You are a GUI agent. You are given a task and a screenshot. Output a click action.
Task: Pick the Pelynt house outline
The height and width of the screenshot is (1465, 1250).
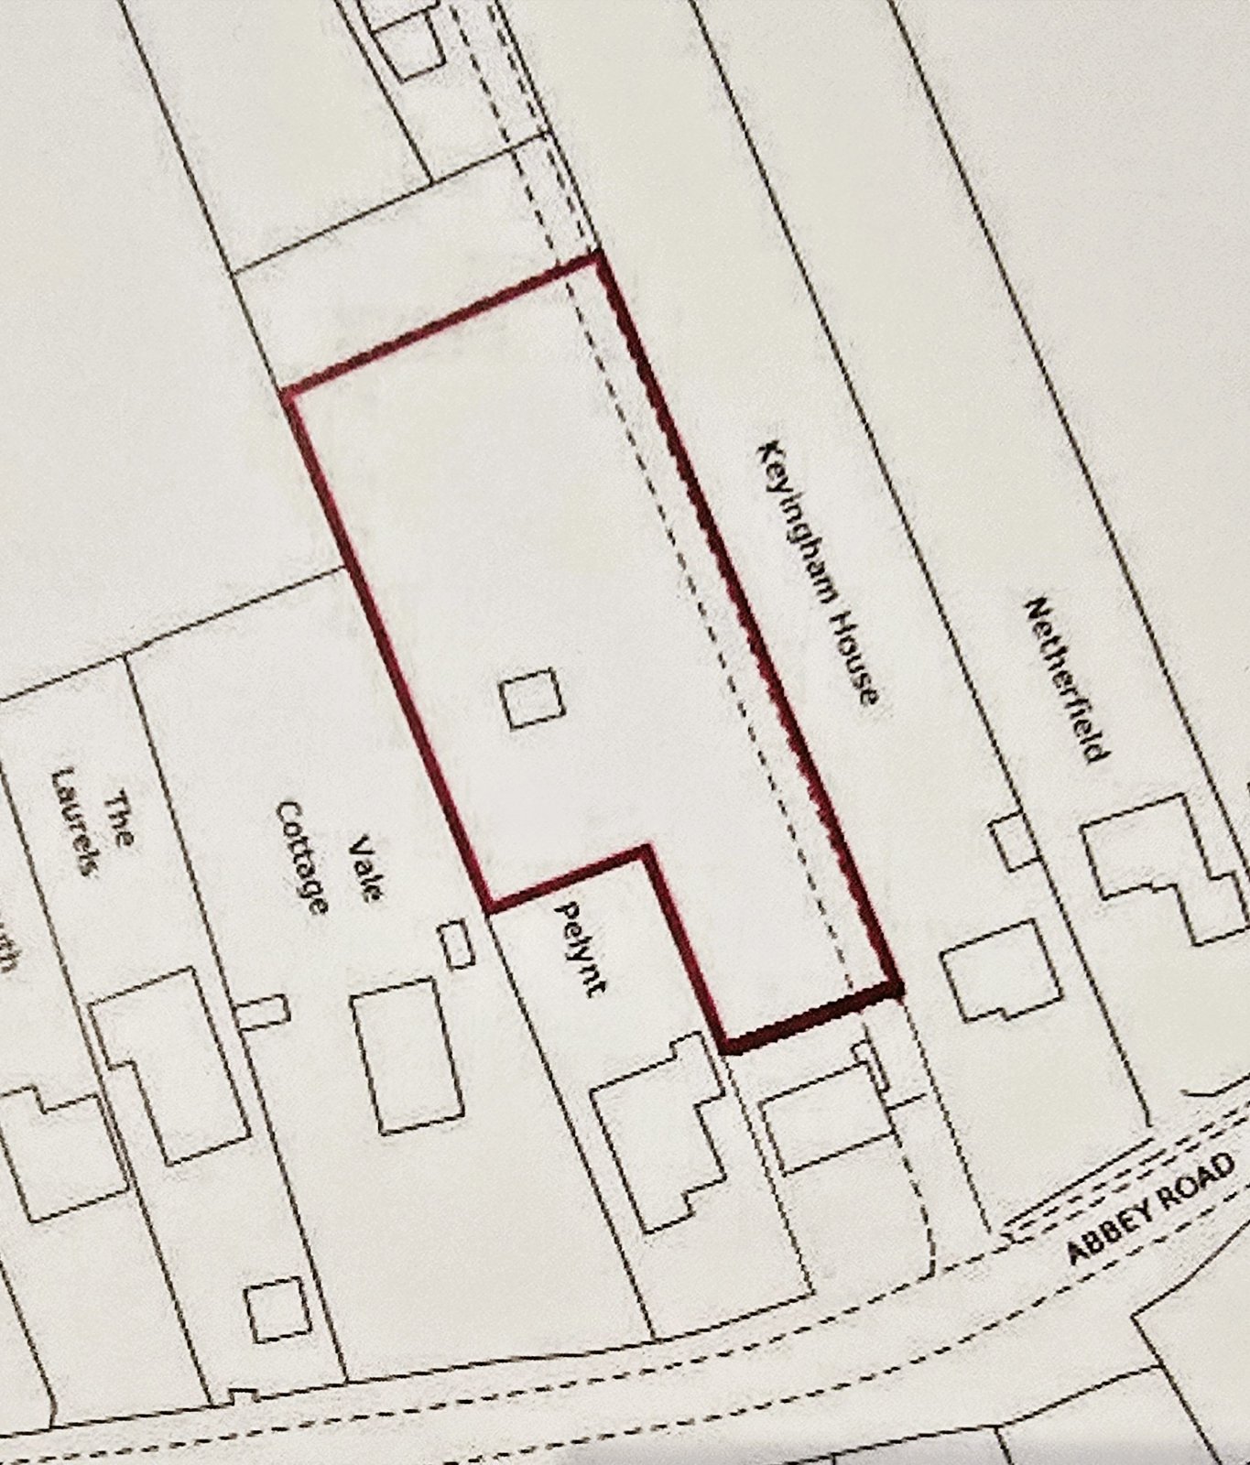coord(658,1125)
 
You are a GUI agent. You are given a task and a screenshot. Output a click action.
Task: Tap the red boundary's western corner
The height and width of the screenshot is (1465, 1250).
coord(288,394)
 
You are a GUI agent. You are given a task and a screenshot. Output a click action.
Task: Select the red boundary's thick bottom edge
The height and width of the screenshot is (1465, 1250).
coord(813,1018)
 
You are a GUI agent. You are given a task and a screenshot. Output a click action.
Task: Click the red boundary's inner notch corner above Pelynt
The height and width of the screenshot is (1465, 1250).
coord(647,849)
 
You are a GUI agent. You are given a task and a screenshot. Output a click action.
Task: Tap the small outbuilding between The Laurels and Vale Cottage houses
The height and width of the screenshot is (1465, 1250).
coord(265,1011)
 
